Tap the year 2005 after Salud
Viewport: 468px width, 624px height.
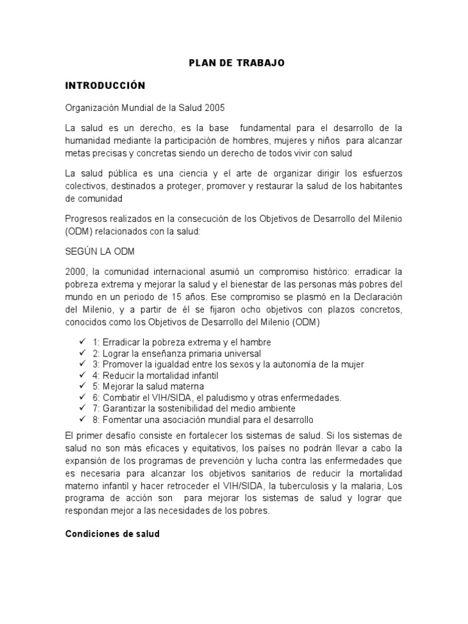click(x=214, y=108)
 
